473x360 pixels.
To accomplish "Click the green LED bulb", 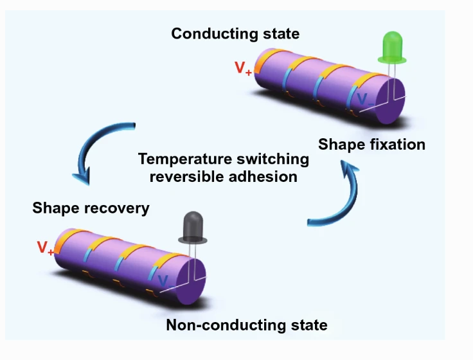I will [391, 46].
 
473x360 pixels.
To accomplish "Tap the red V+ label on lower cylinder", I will [45, 248].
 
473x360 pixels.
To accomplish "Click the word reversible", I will [184, 175].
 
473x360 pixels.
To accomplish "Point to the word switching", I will [277, 159].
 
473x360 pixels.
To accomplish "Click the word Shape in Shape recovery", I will [53, 208].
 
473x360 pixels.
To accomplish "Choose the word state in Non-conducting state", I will [307, 325].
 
